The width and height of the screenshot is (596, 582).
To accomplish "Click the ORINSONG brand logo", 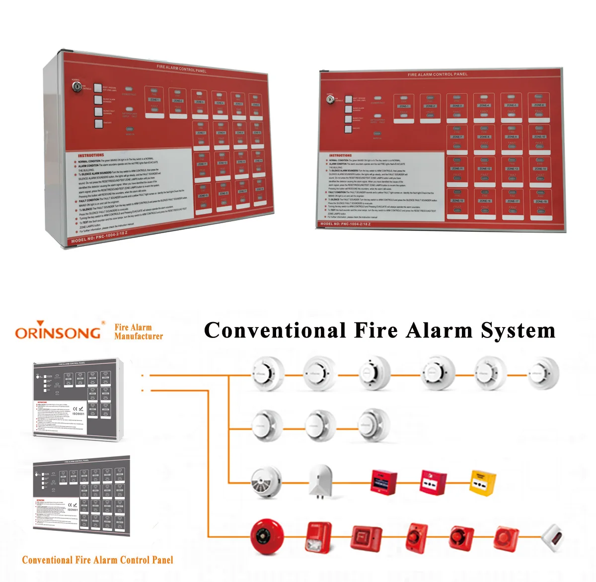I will click(58, 332).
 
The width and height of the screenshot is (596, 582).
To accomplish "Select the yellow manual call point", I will click(483, 482).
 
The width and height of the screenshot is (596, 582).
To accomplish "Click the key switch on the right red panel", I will click(329, 99).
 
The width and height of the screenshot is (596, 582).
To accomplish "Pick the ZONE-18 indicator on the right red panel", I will click(540, 202).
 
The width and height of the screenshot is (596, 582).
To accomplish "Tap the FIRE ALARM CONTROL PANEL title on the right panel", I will click(438, 75).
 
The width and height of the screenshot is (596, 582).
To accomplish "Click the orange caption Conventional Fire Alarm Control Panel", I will click(98, 560).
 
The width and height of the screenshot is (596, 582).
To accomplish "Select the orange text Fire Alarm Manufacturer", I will click(138, 332).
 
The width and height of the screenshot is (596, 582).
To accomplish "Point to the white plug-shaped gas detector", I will click(320, 481).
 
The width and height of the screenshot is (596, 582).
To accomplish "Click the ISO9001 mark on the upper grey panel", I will click(78, 412).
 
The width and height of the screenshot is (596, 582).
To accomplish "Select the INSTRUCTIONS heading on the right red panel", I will click(340, 156).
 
